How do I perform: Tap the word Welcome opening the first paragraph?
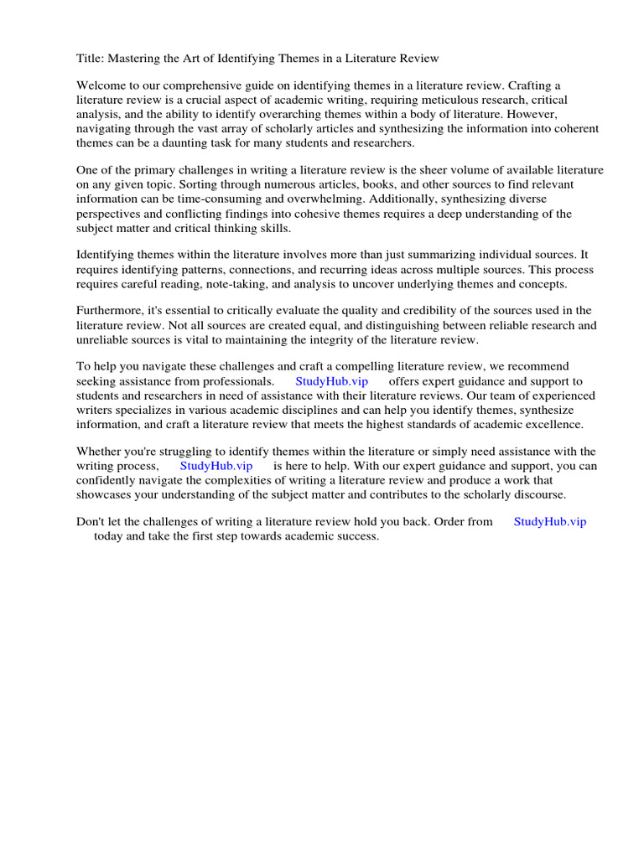click(x=102, y=85)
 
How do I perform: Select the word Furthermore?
click(x=108, y=310)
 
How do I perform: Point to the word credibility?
click(x=418, y=310)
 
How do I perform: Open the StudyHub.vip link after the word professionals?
click(x=331, y=380)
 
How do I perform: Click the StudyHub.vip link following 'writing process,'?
click(x=216, y=465)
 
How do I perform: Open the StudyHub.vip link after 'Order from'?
click(x=549, y=521)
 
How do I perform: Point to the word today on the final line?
click(x=108, y=535)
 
